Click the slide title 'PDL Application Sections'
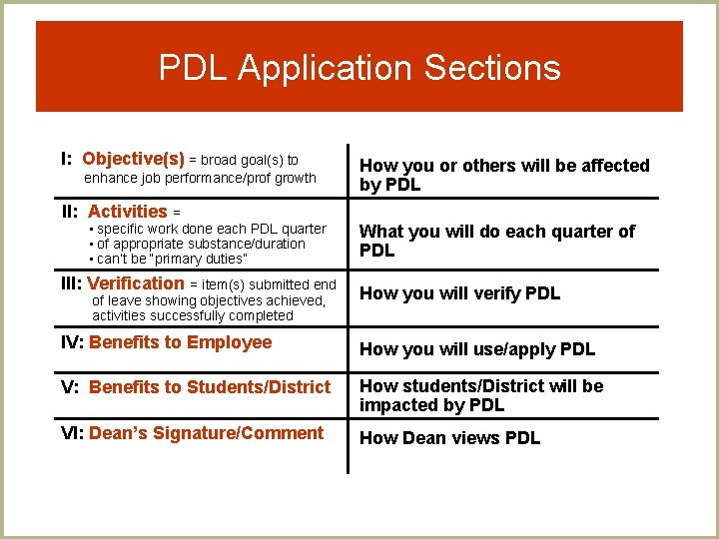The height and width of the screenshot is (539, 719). tap(359, 68)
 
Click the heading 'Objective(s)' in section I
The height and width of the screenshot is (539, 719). tap(133, 159)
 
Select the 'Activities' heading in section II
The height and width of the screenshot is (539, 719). tap(128, 211)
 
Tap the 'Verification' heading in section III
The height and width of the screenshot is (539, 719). tap(136, 283)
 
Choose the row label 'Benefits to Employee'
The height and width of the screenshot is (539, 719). tap(181, 342)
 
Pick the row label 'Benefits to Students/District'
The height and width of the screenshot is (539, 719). tap(210, 386)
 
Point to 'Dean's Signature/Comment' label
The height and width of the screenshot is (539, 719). tap(206, 433)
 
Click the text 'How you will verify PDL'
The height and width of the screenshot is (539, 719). tap(459, 293)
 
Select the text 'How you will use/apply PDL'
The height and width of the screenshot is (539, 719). tap(476, 349)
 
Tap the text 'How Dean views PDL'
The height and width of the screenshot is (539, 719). tap(449, 438)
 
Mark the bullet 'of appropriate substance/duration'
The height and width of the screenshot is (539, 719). tap(201, 244)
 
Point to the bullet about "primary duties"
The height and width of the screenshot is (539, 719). tap(172, 259)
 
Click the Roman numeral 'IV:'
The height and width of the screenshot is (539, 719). tap(73, 342)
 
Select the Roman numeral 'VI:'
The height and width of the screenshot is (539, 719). tap(73, 433)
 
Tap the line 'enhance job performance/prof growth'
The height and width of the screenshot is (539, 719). tap(200, 178)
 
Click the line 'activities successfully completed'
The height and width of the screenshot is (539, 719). tap(193, 315)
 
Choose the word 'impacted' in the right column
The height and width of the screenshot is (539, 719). tap(399, 405)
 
